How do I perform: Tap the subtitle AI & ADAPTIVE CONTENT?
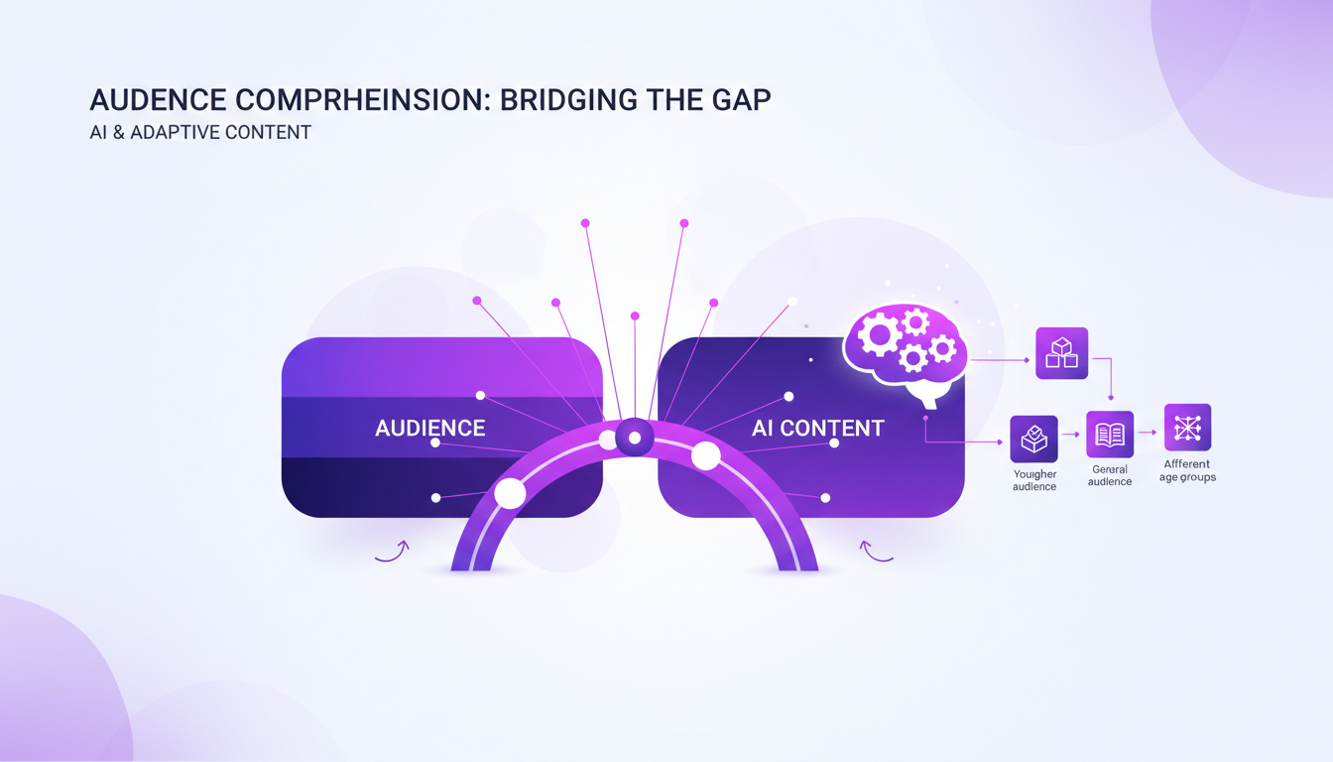click(x=200, y=132)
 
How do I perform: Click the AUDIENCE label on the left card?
click(x=430, y=429)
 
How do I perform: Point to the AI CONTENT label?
click(x=817, y=429)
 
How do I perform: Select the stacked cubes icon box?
click(x=1061, y=353)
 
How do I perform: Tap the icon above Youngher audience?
click(x=1034, y=439)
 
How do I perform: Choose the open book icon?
click(x=1110, y=435)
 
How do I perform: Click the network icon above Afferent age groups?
click(x=1187, y=428)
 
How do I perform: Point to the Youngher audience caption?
click(x=1034, y=480)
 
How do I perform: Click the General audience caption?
click(x=1110, y=475)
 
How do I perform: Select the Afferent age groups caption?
click(x=1187, y=470)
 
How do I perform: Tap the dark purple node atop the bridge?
click(x=635, y=438)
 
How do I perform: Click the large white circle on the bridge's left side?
click(x=510, y=493)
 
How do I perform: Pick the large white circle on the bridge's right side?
click(x=705, y=456)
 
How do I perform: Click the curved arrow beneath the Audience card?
click(x=392, y=552)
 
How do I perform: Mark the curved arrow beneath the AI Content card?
click(x=875, y=552)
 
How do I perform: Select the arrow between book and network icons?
click(x=1148, y=433)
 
